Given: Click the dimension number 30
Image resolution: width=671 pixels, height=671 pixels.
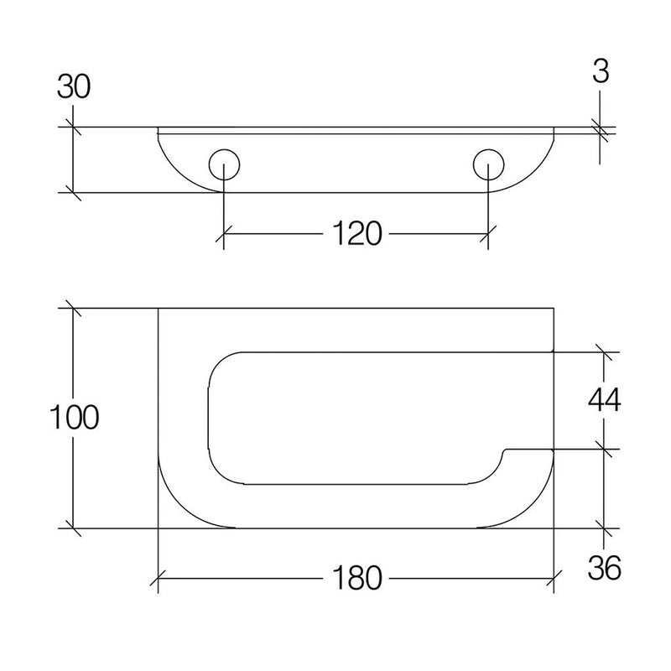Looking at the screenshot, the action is pos(74,87).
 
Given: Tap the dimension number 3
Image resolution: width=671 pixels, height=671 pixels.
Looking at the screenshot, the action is pos(601,71).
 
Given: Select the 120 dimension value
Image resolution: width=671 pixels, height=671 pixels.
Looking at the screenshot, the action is pos(356,234).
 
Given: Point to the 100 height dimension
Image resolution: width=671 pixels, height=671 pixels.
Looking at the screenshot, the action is pos(74,417).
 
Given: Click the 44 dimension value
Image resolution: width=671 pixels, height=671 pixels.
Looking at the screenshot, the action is pos(604,401).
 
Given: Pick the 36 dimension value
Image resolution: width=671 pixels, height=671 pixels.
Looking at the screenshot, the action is pos(604,568).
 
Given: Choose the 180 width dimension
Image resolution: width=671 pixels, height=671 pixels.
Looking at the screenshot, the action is pos(356,578).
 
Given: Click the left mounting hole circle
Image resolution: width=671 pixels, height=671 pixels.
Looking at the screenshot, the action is pos(224,164).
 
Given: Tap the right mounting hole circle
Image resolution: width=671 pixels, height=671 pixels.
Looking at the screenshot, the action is pos(489,164).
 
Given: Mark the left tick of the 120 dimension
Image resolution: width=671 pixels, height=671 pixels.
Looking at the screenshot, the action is pos(224,234).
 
